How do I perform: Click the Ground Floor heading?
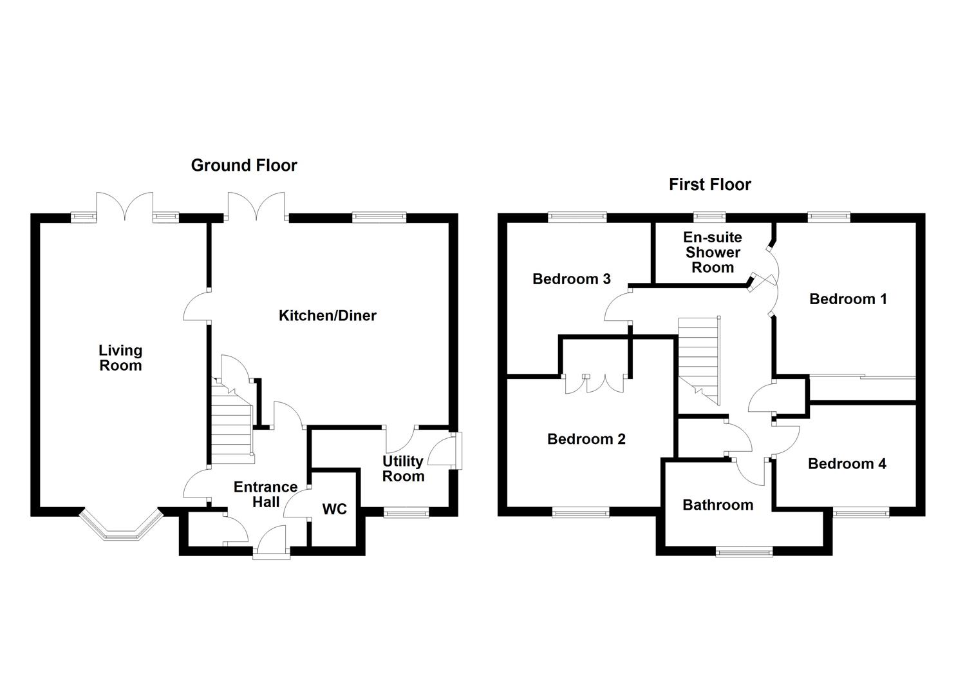[244, 166]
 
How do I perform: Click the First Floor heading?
[709, 185]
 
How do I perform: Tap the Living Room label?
[120, 358]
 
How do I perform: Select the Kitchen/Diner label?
[327, 316]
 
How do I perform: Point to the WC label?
[334, 510]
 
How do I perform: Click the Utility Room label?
[404, 469]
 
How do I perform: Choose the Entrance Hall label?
[265, 494]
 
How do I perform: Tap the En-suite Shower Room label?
[712, 253]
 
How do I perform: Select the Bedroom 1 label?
[848, 299]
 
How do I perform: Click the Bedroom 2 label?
[586, 440]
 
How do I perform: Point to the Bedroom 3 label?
[572, 279]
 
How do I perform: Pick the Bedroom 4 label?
[847, 464]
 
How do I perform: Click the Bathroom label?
[718, 505]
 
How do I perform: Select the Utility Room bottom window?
[406, 512]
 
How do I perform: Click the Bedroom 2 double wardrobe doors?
[595, 383]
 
